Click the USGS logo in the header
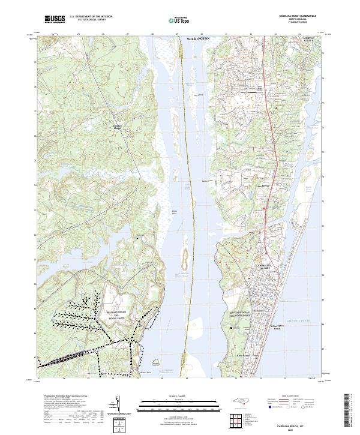[55, 19]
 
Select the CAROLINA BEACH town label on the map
[265, 266]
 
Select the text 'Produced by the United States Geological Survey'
[58, 397]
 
